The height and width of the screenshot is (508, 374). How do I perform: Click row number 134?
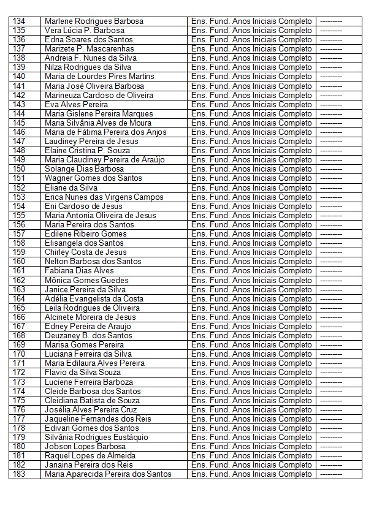[19, 21]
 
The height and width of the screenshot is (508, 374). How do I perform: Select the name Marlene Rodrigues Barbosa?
[94, 21]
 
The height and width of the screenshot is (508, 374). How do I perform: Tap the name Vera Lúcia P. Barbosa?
[84, 30]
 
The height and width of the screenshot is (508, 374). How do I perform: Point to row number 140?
[19, 77]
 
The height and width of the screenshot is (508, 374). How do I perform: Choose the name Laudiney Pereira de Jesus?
[91, 141]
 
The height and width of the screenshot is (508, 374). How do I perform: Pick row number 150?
[19, 169]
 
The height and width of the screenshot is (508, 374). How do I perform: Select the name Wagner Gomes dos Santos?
[93, 178]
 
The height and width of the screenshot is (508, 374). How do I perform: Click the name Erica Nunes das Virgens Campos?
[104, 197]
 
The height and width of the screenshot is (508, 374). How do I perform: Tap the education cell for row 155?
[251, 215]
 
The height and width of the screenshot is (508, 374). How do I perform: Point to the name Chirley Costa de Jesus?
[86, 252]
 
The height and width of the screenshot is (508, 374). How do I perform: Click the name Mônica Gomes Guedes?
[86, 280]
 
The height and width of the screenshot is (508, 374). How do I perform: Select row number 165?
[19, 308]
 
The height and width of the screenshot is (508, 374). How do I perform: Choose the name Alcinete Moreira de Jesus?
[90, 317]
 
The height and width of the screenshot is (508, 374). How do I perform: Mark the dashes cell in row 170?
[331, 354]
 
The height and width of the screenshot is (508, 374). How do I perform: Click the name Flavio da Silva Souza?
[83, 373]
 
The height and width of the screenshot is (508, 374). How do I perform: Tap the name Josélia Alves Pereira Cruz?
[91, 409]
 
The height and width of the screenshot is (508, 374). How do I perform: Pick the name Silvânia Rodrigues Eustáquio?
[96, 437]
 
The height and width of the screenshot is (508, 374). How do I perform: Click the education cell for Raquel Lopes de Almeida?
[251, 456]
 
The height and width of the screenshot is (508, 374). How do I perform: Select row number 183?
[19, 474]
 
